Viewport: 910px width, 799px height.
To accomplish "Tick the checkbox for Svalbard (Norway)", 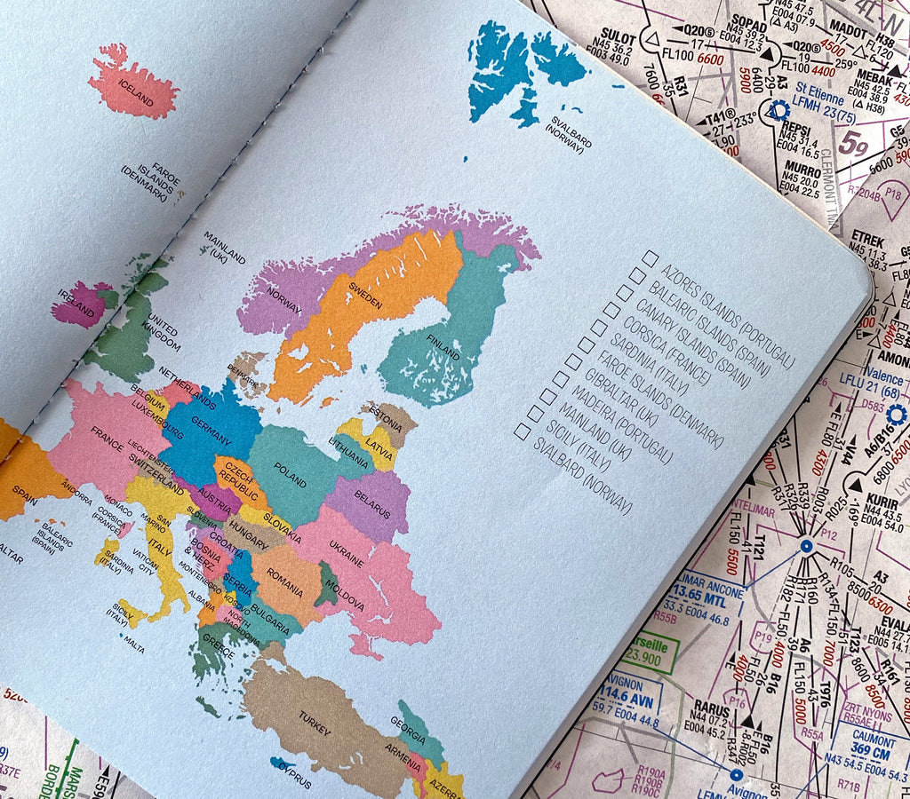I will pos(523,431).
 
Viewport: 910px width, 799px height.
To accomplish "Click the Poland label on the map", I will pos(290,475).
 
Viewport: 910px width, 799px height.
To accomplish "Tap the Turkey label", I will pos(315,724).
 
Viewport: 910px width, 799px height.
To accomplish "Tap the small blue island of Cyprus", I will pos(284,764).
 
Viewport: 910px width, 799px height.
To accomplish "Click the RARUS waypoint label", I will pos(712,708).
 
